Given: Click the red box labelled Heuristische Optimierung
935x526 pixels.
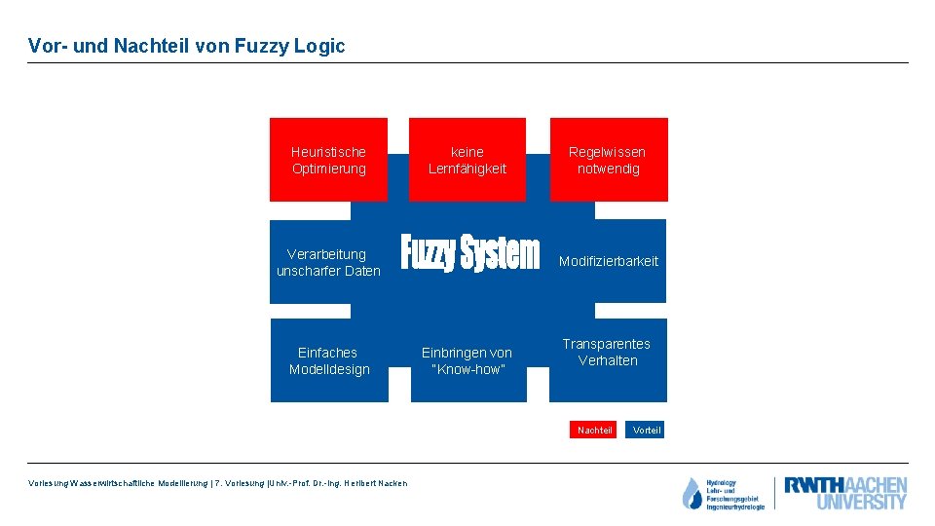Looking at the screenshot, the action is tap(328, 160).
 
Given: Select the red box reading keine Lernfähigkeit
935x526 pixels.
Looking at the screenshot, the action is tap(467, 160).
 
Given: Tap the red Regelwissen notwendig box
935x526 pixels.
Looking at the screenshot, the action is tap(608, 160).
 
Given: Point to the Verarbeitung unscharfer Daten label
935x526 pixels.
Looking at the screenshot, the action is tap(327, 262).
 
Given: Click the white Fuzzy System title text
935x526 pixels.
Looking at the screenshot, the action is tap(469, 252).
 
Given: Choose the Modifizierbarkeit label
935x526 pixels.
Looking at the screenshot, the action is tap(608, 261).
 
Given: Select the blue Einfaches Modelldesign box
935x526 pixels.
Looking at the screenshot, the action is tap(329, 360).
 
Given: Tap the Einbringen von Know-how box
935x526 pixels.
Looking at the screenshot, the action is tap(467, 360).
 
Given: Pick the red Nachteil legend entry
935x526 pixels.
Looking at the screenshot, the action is tap(594, 430).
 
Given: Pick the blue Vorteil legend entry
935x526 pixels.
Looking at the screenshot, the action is tap(646, 430).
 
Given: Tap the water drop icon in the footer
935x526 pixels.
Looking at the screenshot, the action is tap(692, 494).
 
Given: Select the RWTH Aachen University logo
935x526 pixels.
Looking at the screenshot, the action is tap(844, 493).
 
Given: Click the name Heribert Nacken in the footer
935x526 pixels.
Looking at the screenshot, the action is tap(374, 484).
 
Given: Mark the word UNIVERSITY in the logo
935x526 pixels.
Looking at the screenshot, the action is tap(861, 503).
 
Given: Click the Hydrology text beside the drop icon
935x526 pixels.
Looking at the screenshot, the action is tap(722, 482).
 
